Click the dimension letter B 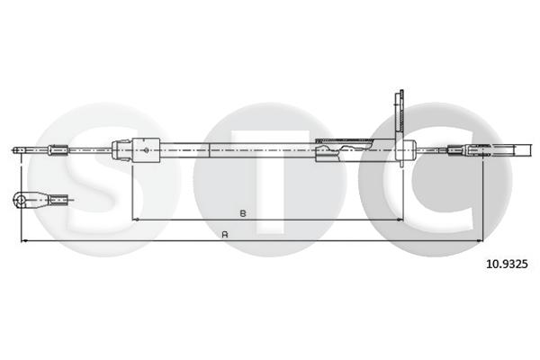pos(243,213)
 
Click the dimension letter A pos(224,235)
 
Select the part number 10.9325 pos(506,264)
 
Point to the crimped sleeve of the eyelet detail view pos(59,198)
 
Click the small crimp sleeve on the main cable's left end pos(58,148)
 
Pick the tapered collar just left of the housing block pos(120,148)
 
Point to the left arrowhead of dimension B pos(135,219)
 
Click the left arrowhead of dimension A pos(23,240)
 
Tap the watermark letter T pos(270,180)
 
